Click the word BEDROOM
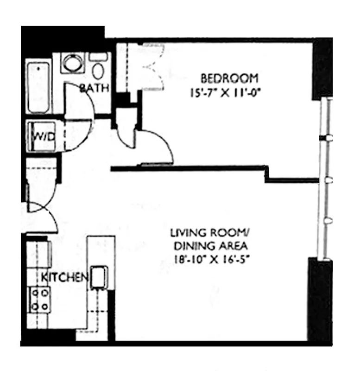[229, 77]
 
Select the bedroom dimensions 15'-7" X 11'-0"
[229, 92]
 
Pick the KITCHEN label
[64, 277]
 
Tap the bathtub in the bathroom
[38, 87]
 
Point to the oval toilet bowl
[98, 71]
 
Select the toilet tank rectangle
[98, 57]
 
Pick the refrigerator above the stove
[39, 254]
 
